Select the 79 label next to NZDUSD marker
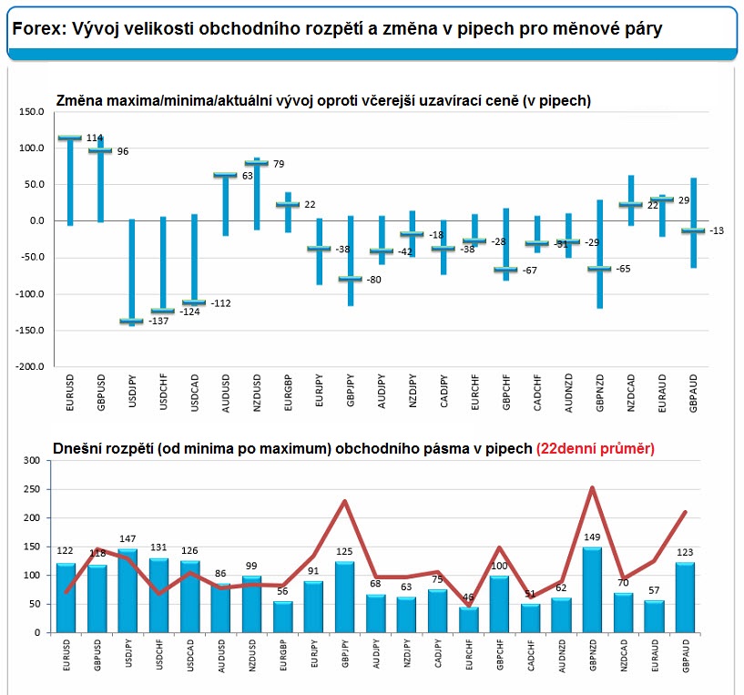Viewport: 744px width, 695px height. [280, 164]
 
